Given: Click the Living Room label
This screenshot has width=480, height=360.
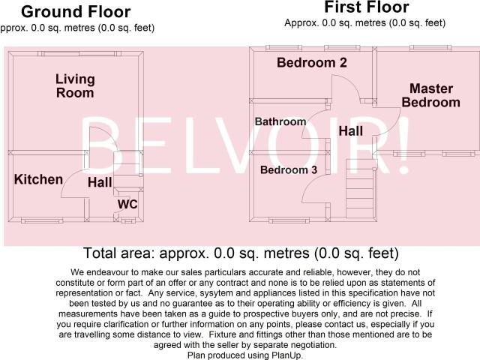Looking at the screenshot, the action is (x=75, y=86).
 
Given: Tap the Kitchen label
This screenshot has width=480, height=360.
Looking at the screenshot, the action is (x=38, y=179).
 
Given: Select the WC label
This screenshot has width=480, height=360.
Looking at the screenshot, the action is (x=127, y=204).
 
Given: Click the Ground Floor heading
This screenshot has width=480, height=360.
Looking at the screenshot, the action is (x=76, y=12).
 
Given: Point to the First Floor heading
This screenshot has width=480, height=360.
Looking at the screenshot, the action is (x=367, y=7).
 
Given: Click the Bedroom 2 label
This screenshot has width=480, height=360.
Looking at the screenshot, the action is (x=312, y=62).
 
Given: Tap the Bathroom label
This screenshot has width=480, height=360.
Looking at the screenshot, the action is (x=280, y=121).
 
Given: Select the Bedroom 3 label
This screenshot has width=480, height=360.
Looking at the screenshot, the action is (x=289, y=170).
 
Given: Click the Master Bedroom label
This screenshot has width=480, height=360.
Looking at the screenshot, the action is (x=431, y=95).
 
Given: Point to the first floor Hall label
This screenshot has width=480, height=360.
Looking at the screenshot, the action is (x=351, y=131).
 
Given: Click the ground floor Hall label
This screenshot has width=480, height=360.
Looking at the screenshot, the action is (x=100, y=182).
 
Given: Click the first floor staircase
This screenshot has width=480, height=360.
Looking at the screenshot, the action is (x=360, y=188).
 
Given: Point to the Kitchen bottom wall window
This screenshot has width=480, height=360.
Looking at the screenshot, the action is (x=42, y=220).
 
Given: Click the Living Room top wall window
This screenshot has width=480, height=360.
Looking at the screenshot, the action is (x=79, y=54).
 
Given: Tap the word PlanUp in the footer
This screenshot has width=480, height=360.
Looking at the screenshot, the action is (x=286, y=355).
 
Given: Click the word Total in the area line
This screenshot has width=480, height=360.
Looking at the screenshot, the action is (x=100, y=253).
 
